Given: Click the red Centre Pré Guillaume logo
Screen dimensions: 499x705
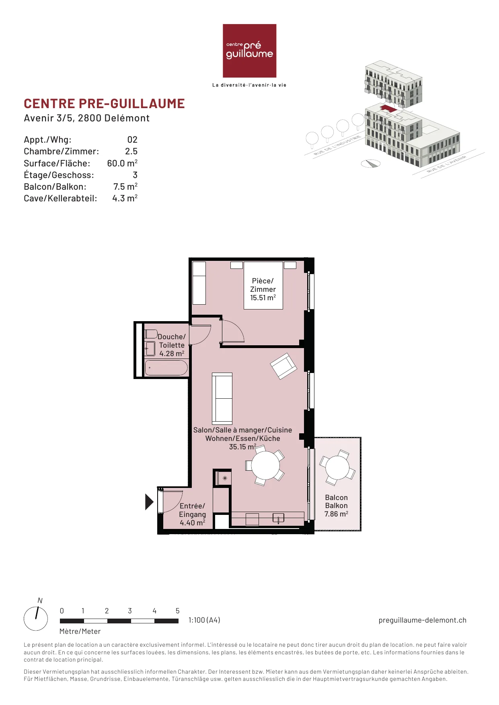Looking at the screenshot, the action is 249,51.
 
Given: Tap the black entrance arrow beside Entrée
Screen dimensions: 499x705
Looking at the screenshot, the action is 149,502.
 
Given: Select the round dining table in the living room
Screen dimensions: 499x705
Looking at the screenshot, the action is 265,465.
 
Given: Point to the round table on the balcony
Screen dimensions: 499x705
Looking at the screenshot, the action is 337,468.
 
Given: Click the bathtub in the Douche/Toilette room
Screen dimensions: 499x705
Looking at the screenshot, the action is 166,368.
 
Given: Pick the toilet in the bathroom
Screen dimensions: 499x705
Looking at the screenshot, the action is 151,334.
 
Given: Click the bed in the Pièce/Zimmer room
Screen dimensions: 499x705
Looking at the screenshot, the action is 263,285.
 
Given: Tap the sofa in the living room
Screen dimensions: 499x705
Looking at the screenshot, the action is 222,399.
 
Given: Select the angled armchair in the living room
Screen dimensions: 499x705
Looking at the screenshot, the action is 283,366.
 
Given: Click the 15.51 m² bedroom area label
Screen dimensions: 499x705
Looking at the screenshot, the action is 263,298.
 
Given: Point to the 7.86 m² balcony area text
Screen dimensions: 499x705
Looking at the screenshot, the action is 336,514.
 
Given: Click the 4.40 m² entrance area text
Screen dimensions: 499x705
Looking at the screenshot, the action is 192,523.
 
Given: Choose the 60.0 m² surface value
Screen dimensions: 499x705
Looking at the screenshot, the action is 122,163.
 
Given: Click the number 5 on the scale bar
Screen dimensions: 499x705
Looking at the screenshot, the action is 177,611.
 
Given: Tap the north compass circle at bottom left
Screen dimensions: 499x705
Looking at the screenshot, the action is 36,619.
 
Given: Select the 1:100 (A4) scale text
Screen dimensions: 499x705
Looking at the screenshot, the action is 204,620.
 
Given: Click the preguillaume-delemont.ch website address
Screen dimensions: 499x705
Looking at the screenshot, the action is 423,620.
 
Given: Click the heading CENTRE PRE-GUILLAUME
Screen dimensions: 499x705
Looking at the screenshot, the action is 104,104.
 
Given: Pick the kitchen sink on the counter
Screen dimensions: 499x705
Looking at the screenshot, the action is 278,518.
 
